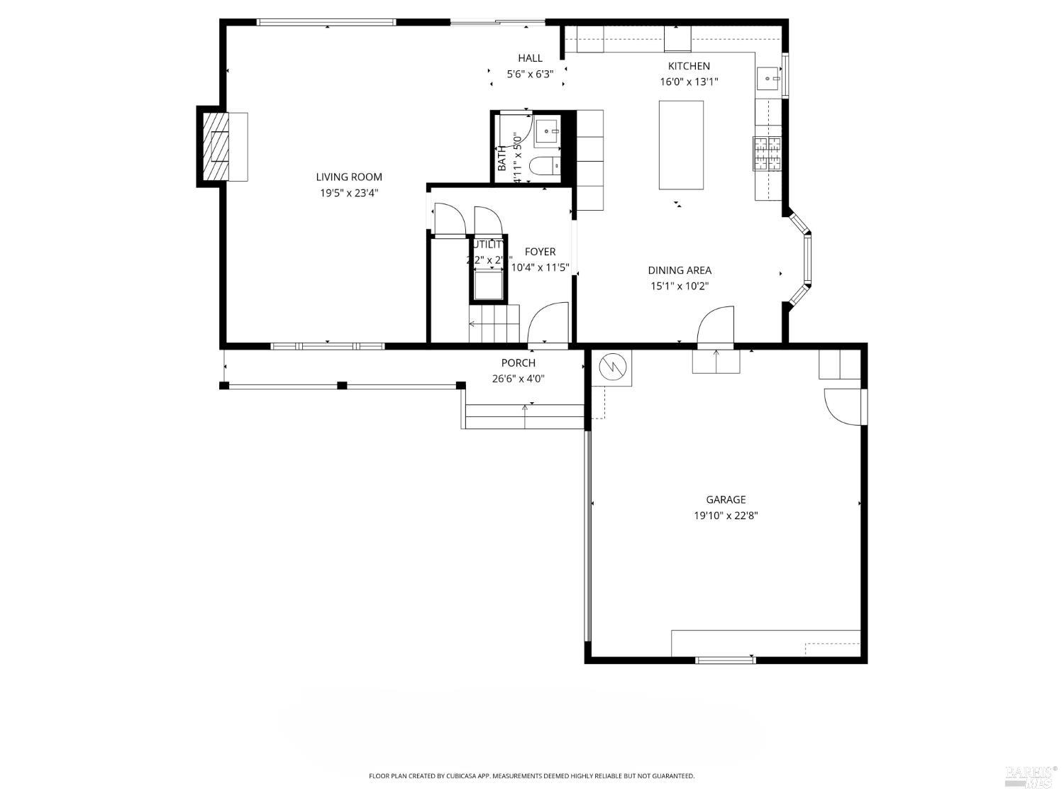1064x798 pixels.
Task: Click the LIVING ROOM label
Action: [x=349, y=177]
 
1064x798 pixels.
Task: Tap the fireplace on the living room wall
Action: [x=216, y=147]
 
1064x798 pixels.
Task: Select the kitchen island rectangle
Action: [x=681, y=145]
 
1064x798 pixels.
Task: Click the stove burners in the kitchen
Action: [x=767, y=154]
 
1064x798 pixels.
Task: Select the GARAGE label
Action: [x=726, y=499]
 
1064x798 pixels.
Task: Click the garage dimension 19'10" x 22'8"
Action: [x=726, y=516]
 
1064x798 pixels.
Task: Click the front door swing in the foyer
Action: [x=548, y=323]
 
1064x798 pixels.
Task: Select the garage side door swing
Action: [x=842, y=406]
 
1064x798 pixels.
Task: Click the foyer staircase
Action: [x=494, y=325]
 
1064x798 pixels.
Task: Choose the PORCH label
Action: [x=519, y=363]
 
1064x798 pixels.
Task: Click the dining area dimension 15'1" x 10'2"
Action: [x=680, y=287]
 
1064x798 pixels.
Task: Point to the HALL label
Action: [x=530, y=58]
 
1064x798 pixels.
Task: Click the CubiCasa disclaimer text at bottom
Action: [x=531, y=776]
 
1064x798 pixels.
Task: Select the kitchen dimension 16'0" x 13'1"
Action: [x=689, y=82]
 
